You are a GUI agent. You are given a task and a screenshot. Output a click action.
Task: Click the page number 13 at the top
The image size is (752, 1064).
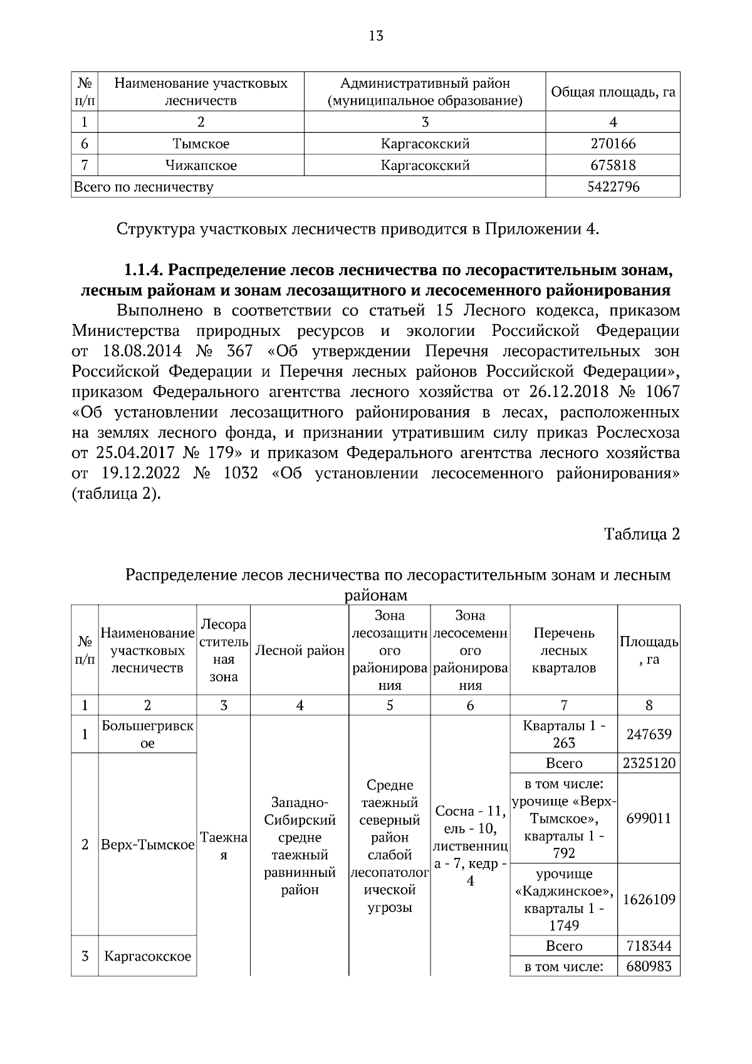pyautogui.click(x=376, y=36)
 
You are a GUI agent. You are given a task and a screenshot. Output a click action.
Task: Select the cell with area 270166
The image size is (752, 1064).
pyautogui.click(x=612, y=144)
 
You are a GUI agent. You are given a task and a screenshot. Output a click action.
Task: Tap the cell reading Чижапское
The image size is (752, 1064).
pyautogui.click(x=201, y=165)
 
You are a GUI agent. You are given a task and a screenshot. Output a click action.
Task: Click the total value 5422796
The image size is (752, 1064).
pyautogui.click(x=612, y=187)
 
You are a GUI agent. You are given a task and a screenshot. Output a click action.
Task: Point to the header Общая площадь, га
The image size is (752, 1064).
pyautogui.click(x=612, y=92)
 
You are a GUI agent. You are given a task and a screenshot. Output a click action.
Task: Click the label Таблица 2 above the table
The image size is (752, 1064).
pyautogui.click(x=641, y=534)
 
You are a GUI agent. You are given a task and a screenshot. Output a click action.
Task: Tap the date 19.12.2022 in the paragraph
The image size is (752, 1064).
pyautogui.click(x=139, y=473)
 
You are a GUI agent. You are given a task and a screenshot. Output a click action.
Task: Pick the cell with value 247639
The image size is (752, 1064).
pyautogui.click(x=649, y=734)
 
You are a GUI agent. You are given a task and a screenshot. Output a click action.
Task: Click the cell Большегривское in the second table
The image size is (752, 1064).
pyautogui.click(x=147, y=734)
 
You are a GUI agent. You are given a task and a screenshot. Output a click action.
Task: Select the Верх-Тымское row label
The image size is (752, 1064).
pyautogui.click(x=147, y=845)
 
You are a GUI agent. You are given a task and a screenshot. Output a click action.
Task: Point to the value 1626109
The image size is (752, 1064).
pyautogui.click(x=649, y=899)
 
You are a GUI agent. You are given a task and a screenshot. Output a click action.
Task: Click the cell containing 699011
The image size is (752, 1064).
pyautogui.click(x=649, y=818)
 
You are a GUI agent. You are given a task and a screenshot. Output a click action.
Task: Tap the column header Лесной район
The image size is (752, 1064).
pyautogui.click(x=300, y=650)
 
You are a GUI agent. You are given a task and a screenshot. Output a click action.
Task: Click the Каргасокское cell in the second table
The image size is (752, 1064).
pyautogui.click(x=147, y=956)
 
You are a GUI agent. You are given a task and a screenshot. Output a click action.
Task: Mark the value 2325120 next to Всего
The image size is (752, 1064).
pyautogui.click(x=649, y=763)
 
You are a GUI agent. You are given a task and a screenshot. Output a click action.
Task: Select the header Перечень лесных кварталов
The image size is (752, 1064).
pyautogui.click(x=563, y=650)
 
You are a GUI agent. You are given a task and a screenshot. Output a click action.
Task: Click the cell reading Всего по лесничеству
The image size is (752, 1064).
pyautogui.click(x=144, y=187)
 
